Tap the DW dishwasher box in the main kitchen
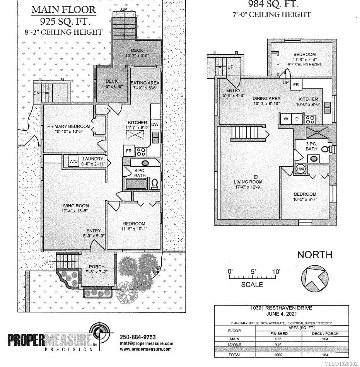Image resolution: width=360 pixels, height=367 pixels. coord(154,124)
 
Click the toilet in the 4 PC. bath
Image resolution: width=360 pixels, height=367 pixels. coord(154,183)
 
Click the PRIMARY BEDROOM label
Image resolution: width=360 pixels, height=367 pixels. coord(68,126)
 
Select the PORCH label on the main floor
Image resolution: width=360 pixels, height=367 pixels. coord(96,267)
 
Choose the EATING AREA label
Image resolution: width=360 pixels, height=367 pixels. coord(145,83)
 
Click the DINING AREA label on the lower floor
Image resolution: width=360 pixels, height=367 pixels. coord(266,99)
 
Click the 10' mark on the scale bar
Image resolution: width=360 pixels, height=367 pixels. coord(275,272)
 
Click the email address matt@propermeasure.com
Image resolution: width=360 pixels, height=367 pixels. coord(146,343)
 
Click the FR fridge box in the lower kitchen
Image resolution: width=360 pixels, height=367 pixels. coord(297,85)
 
